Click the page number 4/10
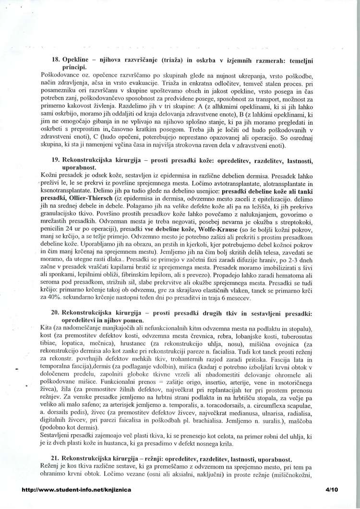(x=332, y=490)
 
